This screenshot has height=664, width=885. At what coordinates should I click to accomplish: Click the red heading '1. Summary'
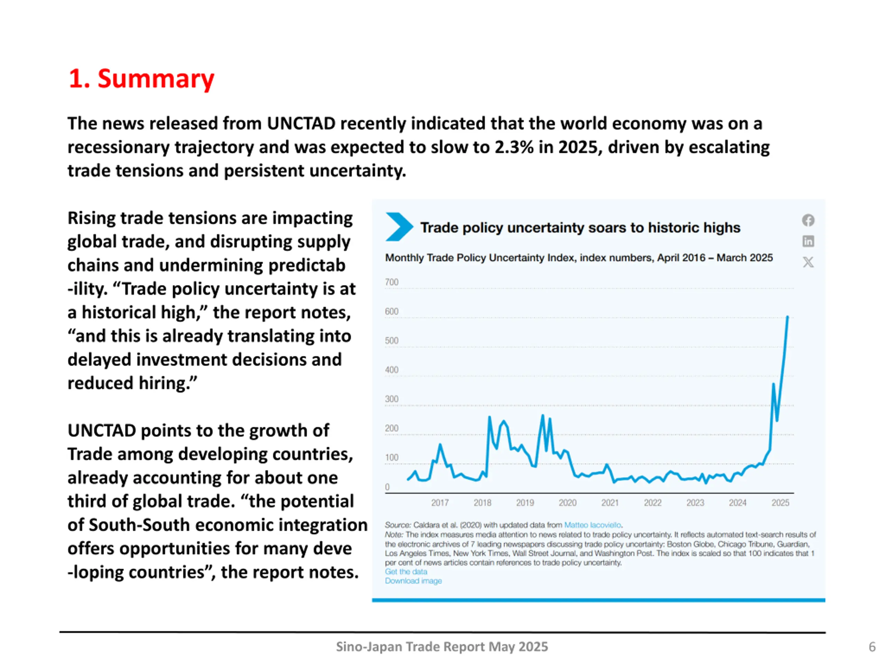(141, 79)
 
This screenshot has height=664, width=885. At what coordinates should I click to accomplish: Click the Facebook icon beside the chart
(808, 220)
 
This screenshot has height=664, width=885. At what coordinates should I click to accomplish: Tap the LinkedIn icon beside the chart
(808, 241)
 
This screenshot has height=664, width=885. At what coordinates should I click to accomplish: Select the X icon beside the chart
(808, 262)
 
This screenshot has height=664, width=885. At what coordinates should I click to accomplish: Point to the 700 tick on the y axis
(392, 282)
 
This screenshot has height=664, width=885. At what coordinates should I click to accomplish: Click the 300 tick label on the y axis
(392, 399)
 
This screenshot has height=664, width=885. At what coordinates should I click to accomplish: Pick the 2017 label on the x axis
(440, 503)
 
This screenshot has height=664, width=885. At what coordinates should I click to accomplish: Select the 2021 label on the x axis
(610, 503)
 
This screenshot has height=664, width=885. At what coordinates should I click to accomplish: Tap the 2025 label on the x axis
(780, 503)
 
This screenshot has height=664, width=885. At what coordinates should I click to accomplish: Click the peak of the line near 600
(788, 317)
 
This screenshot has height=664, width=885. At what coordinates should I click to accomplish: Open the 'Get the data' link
(406, 572)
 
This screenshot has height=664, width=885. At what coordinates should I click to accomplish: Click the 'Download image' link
(413, 581)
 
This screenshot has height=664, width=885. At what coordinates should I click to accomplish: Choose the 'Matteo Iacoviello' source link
(593, 525)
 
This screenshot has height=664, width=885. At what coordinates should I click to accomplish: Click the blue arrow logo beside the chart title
(399, 227)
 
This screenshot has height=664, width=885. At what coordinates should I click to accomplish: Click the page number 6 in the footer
(872, 647)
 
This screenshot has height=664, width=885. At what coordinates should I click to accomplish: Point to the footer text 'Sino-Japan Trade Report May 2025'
(442, 647)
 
